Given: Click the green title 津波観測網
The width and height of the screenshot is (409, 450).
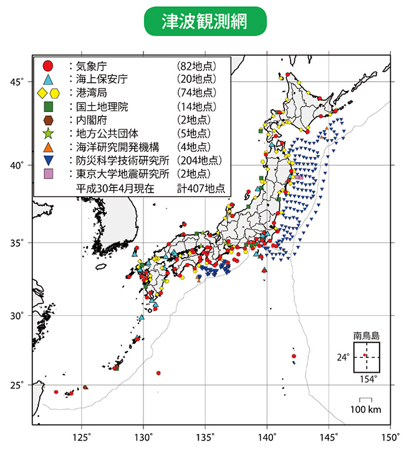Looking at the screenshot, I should pos(204,21).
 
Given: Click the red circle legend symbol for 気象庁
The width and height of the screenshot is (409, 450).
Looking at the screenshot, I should pos(47,65).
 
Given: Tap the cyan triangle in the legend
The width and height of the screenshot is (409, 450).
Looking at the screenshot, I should pos(47,79).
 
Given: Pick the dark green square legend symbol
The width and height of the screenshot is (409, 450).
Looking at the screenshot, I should pos(47,106).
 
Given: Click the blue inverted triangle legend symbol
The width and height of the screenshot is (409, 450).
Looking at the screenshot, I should pos(47,160).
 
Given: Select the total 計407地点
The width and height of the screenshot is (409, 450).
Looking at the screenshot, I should pos(201,187).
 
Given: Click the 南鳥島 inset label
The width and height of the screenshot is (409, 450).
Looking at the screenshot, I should pos(365,336).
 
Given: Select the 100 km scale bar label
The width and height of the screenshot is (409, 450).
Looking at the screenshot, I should pos(365,409).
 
